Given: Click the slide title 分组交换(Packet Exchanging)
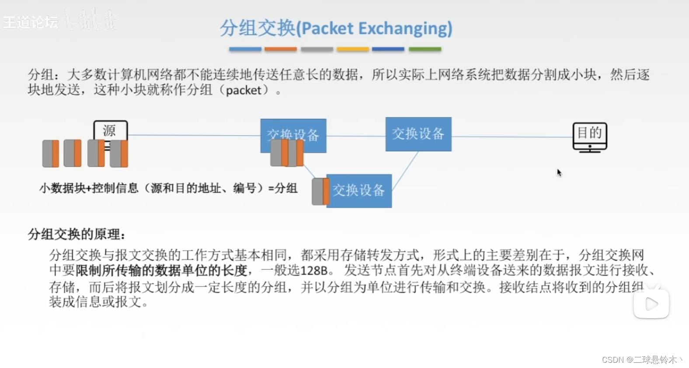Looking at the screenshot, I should [336, 28].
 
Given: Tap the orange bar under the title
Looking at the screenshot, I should [281, 49].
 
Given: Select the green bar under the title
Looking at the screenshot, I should [425, 49].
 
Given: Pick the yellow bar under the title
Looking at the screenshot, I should [353, 49].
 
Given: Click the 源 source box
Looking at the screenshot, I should [110, 131].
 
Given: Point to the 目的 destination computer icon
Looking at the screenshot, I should [590, 137].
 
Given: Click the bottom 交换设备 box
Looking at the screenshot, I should [359, 191].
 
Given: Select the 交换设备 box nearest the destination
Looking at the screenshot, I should [418, 134].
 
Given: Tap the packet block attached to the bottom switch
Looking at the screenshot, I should [320, 191].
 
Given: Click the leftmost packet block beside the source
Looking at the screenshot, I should [51, 154].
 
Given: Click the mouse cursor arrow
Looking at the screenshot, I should [559, 172].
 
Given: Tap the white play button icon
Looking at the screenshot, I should [651, 303].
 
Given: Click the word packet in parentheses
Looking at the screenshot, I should [244, 90].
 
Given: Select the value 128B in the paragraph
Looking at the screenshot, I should [314, 271].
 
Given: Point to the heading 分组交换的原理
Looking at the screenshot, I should [77, 234].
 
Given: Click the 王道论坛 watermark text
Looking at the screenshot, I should [31, 22].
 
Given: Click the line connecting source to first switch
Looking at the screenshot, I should [192, 135].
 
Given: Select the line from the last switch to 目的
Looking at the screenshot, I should [512, 137].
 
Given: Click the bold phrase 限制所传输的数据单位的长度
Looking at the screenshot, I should [162, 271].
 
